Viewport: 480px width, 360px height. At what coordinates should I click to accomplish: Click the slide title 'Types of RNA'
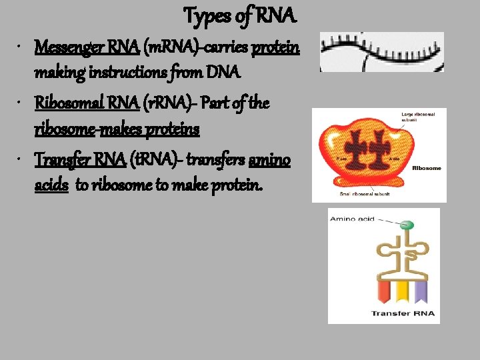(x=241, y=14)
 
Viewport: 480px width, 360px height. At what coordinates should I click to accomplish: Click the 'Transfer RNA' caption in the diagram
(x=402, y=313)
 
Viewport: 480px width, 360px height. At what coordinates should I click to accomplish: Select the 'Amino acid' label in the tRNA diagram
(x=351, y=218)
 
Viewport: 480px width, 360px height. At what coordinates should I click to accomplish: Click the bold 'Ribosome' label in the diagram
(x=427, y=168)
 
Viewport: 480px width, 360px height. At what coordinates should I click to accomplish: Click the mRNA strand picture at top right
(x=381, y=51)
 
